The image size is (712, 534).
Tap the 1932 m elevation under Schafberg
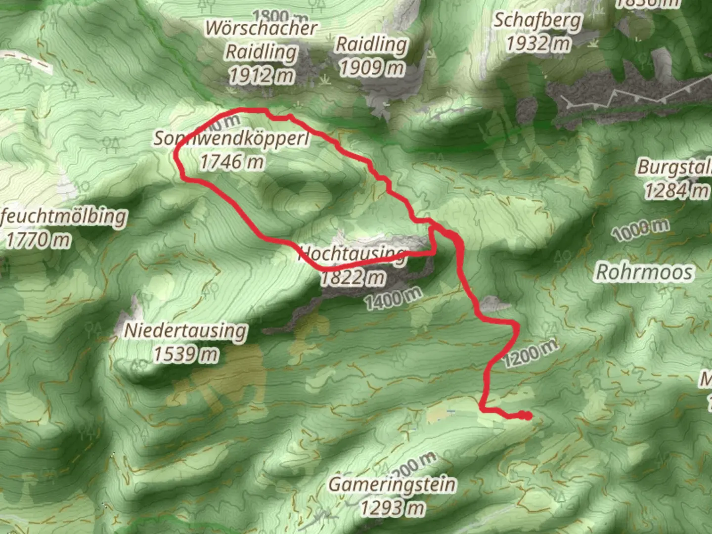pyautogui.click(x=538, y=44)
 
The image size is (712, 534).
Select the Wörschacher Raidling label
pyautogui.click(x=261, y=40)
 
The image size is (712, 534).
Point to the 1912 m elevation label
pyautogui.click(x=262, y=75)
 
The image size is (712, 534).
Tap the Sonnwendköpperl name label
pyautogui.click(x=231, y=138)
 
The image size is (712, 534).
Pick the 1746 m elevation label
pyautogui.click(x=231, y=161)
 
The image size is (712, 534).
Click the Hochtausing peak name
pyautogui.click(x=352, y=254)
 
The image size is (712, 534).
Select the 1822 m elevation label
pyautogui.click(x=352, y=277)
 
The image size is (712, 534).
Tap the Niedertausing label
pyautogui.click(x=185, y=330)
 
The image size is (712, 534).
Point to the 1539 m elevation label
pyautogui.click(x=185, y=354)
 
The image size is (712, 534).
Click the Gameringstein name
pyautogui.click(x=392, y=484)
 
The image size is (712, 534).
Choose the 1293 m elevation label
pyautogui.click(x=392, y=507)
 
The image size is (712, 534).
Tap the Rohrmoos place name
pyautogui.click(x=644, y=272)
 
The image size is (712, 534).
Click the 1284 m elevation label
pyautogui.click(x=676, y=190)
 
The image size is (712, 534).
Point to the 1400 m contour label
pyautogui.click(x=394, y=298)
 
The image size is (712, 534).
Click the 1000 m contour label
pyautogui.click(x=640, y=230)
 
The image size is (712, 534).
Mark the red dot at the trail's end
pyautogui.click(x=528, y=416)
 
